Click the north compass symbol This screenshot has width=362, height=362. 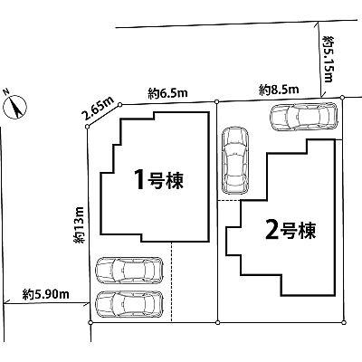coord(15,107)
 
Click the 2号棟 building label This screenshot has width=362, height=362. coord(289,227)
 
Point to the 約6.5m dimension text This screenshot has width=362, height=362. coord(167,91)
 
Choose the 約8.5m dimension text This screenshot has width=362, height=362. coord(278,89)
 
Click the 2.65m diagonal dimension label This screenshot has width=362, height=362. coord(99,110)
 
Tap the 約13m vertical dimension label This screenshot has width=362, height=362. coord(80,224)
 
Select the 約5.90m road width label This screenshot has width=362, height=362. coord(42,294)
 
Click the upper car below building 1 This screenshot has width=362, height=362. coord(129,271)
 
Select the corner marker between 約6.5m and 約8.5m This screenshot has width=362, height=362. coord(217,100)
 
